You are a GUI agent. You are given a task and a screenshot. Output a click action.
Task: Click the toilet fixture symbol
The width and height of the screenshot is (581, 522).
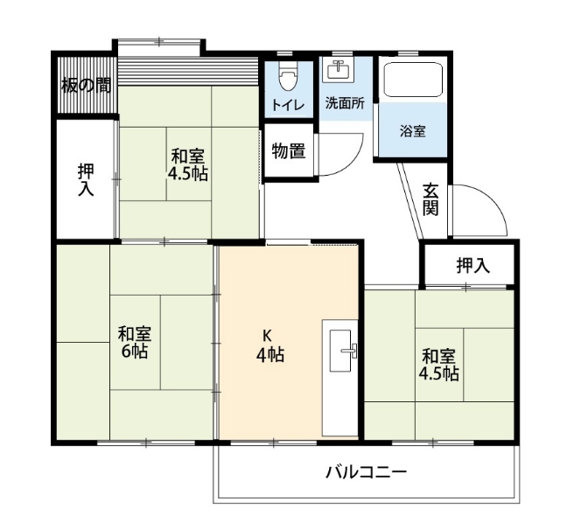coord(289,76)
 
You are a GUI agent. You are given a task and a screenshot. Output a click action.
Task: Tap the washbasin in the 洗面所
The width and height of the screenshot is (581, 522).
coord(338,70)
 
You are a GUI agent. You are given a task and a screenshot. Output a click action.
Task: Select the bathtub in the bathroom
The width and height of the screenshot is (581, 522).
coord(413,80)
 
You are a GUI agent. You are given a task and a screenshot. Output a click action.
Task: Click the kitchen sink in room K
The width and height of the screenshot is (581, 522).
coord(340,351)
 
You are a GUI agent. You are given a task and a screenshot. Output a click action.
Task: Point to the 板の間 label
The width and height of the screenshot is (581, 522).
coord(86,86)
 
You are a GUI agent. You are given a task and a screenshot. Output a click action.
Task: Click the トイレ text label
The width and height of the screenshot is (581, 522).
coord(288,105)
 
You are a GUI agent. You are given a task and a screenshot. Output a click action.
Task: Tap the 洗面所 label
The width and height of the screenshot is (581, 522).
coord(345,103)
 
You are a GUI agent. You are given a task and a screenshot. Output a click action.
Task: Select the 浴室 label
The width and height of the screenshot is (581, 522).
coord(412,131)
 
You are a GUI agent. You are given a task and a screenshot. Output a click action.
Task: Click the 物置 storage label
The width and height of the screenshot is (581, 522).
coord(289,150)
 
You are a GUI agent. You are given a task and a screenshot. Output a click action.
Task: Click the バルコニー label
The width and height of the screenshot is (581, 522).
coord(366,472)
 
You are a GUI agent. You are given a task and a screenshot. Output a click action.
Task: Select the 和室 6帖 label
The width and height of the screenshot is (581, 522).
coord(135,343)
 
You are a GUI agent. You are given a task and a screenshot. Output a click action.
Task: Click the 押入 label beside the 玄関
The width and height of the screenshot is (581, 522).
coord(473,265)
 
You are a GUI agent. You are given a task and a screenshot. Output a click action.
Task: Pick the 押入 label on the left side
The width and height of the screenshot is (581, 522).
coord(86,179)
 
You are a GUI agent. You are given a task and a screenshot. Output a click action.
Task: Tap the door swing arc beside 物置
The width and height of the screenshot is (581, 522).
coord(352,159)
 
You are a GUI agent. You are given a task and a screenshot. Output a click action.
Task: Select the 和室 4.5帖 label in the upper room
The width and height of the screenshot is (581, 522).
coord(188,164)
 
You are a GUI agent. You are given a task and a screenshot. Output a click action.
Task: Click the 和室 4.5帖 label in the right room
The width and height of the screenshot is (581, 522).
coord(438,365)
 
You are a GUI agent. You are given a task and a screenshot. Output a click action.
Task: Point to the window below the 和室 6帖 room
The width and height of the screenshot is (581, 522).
coord(146,442)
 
